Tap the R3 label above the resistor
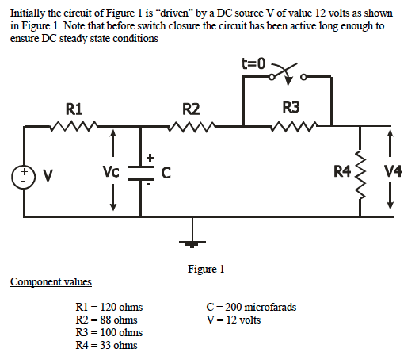point(291,108)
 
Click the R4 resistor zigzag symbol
point(362,171)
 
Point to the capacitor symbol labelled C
point(141,171)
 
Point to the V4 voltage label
point(392,171)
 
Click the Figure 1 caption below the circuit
point(206,270)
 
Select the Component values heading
point(51,282)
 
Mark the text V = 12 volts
point(233,320)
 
